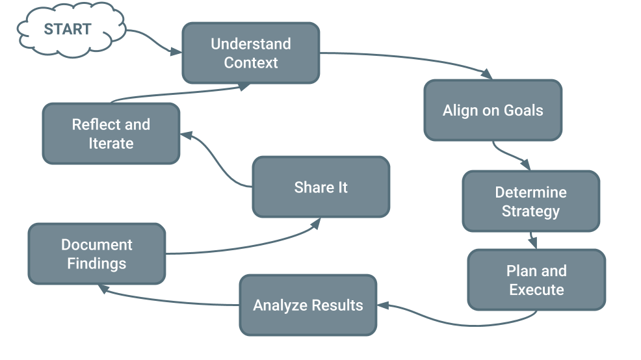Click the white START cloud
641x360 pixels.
pos(68,29)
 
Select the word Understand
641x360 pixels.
pos(251,44)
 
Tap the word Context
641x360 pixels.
pos(251,63)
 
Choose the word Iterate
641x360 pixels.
pos(111,144)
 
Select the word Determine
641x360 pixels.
pos(530,192)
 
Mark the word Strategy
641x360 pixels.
pos(530,212)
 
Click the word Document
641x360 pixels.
pos(97,245)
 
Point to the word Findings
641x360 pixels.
pos(97,264)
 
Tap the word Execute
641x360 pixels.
pos(536,290)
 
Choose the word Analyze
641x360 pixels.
pos(279,305)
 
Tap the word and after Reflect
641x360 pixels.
pos(137,125)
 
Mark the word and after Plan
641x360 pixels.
pos(553,271)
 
